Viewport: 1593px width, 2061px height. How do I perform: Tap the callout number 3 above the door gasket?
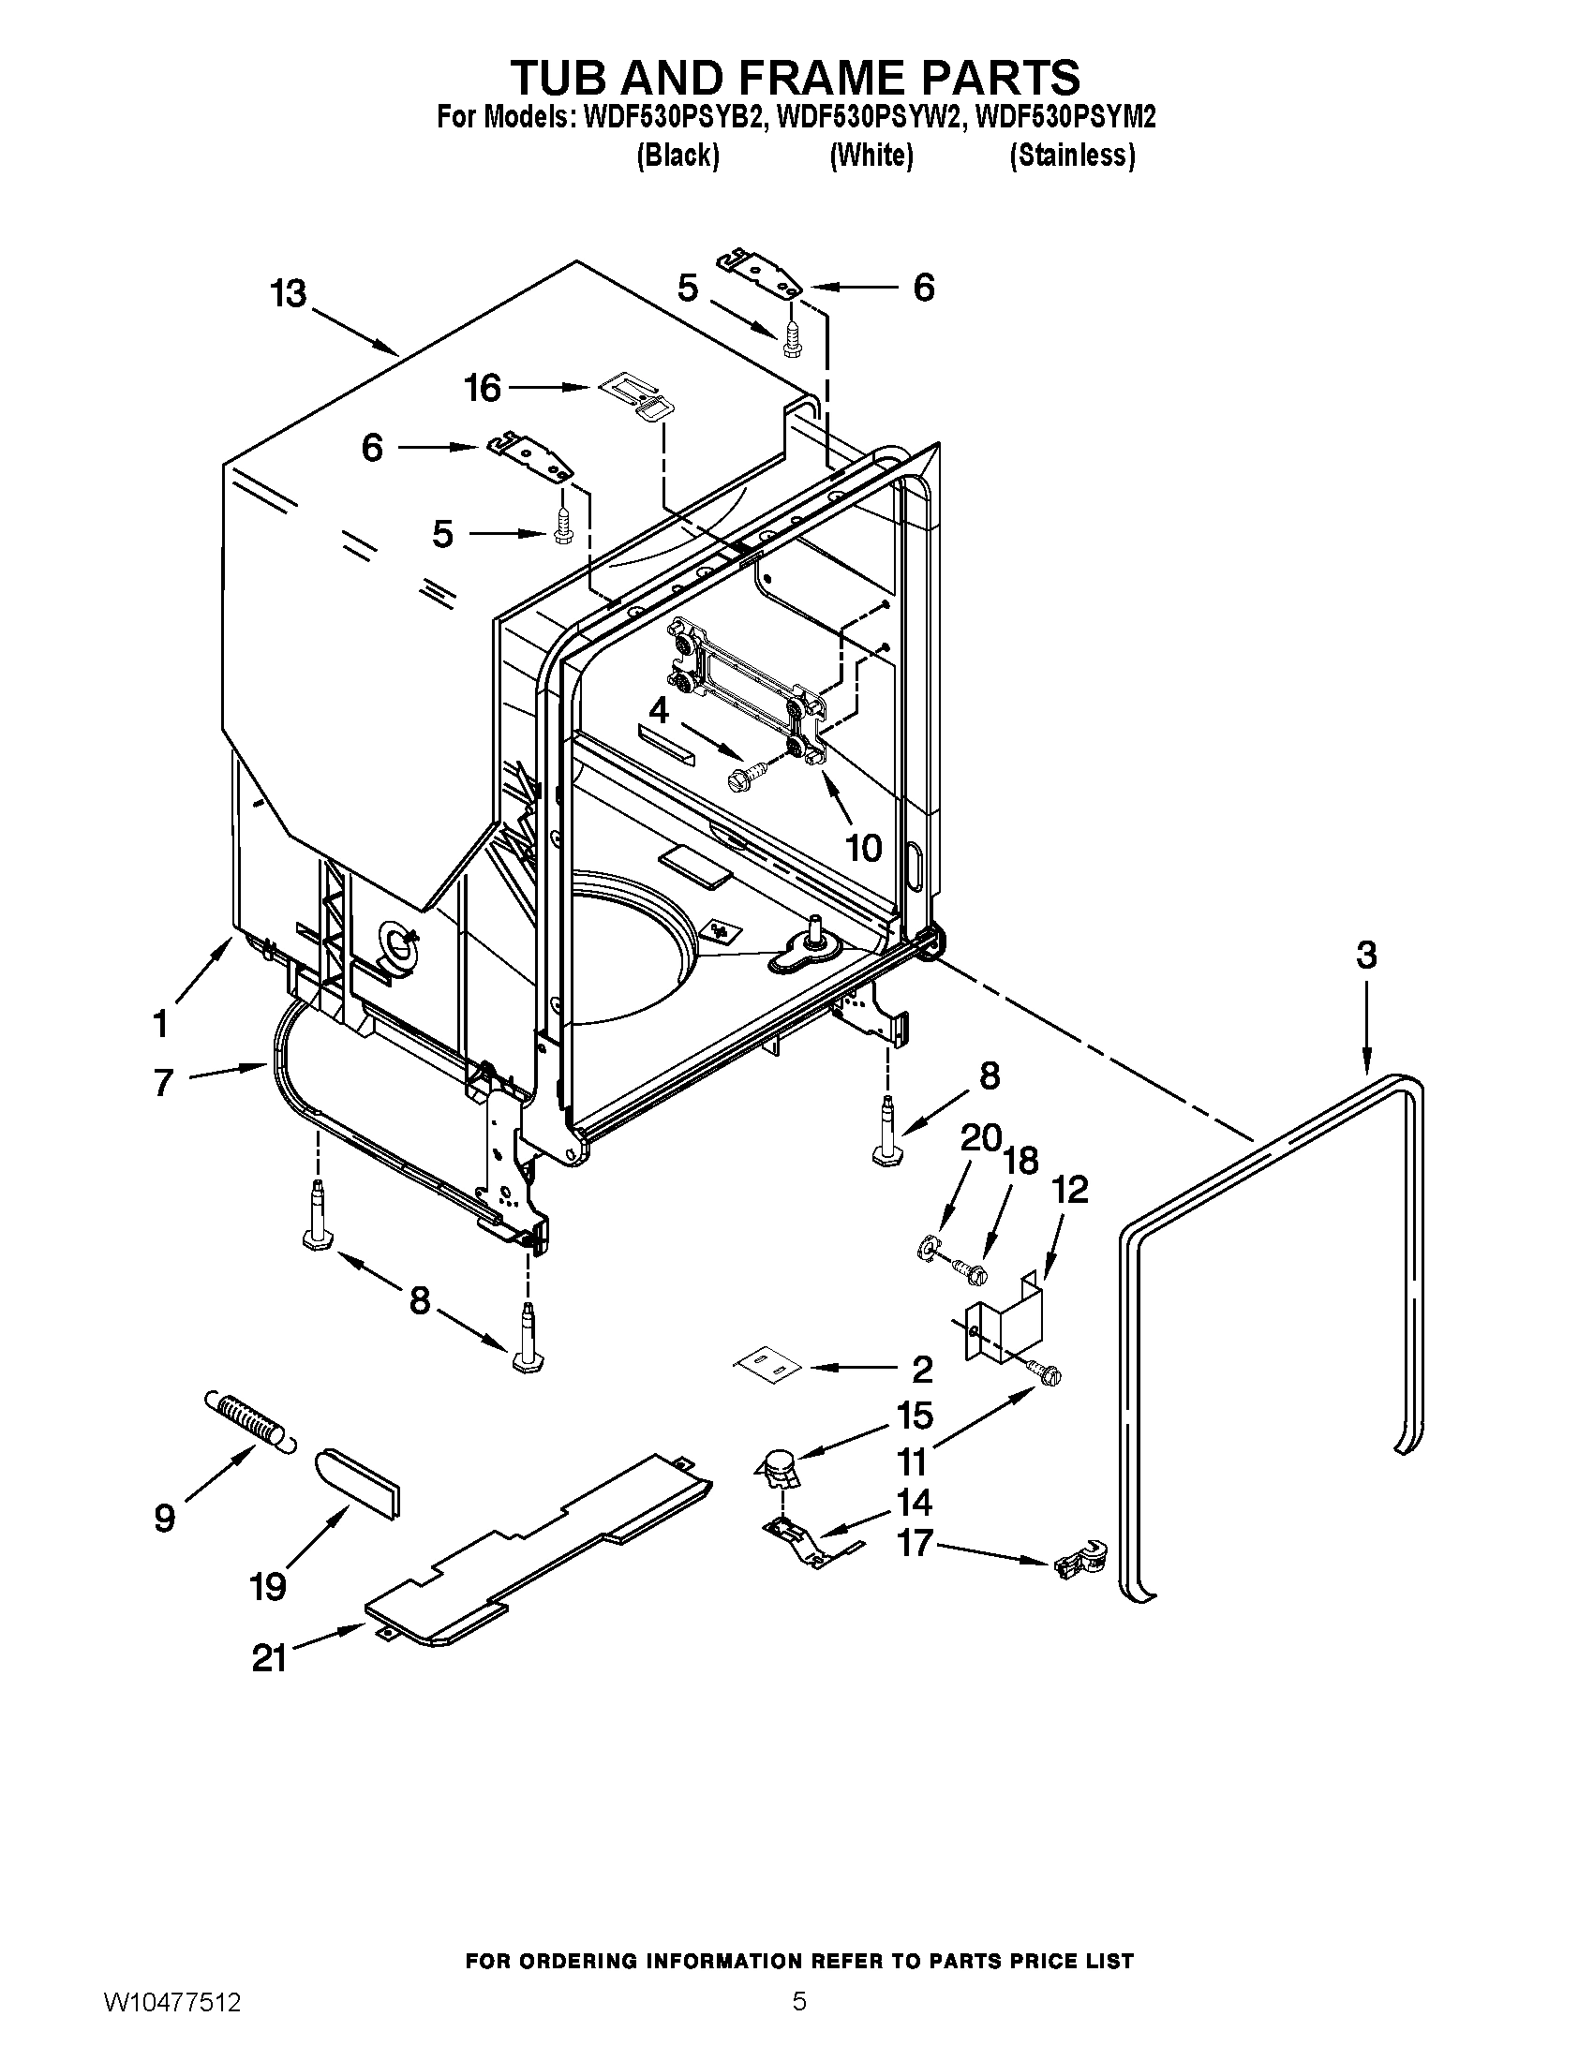pyautogui.click(x=1366, y=955)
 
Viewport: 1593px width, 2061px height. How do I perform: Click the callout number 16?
pyautogui.click(x=484, y=388)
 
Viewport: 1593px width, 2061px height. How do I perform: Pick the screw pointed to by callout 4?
pyautogui.click(x=745, y=777)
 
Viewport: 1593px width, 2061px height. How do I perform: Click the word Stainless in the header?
pyautogui.click(x=1072, y=156)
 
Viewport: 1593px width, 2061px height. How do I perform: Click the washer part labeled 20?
pyautogui.click(x=930, y=1250)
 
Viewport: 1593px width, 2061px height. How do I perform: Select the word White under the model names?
pyautogui.click(x=871, y=156)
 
